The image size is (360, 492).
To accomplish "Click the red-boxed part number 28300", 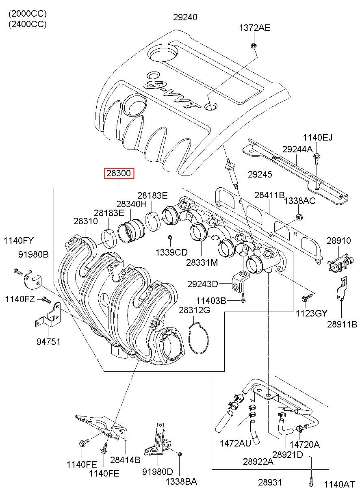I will (119, 174).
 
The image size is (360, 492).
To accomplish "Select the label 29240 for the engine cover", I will (185, 17).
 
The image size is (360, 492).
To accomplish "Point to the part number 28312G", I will (194, 310).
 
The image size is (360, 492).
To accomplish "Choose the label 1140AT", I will (339, 484).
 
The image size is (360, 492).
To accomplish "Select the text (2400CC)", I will (28, 24).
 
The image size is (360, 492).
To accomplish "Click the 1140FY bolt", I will (17, 271).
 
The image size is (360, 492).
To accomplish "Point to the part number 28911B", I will (342, 324).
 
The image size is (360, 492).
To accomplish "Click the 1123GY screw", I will (304, 299).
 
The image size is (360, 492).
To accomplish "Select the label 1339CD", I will (171, 252).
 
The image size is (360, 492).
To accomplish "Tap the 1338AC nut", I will (299, 217).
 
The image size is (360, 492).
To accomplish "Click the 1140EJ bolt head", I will (317, 155).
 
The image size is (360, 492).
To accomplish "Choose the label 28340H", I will (131, 204).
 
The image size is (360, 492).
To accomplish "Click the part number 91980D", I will (157, 471).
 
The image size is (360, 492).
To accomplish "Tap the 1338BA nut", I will (180, 454).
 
